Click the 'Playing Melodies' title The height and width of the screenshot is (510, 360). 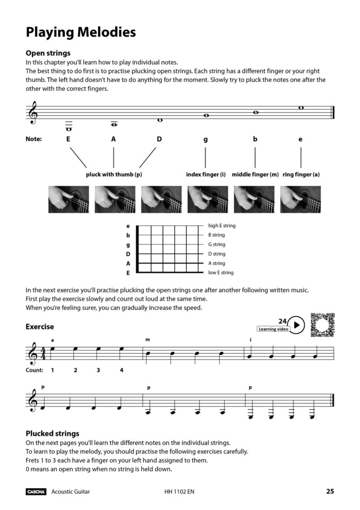81,32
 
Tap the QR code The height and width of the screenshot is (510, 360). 322,325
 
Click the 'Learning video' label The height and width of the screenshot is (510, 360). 273,329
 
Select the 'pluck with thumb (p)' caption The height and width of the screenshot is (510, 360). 114,174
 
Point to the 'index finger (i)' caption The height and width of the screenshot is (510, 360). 206,174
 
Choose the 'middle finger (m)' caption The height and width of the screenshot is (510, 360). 255,174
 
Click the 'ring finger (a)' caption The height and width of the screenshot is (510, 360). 301,174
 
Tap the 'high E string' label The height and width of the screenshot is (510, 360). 221,226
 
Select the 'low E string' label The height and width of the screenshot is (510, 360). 220,273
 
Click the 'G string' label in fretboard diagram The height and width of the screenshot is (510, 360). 217,244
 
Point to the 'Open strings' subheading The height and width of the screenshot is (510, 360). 48,53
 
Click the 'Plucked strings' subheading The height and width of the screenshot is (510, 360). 53,433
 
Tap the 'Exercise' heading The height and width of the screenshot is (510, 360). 40,327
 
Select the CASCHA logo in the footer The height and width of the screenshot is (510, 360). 36,492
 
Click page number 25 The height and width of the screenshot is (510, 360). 330,491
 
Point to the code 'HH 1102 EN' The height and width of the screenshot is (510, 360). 179,492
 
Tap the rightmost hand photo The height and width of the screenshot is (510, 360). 301,199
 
